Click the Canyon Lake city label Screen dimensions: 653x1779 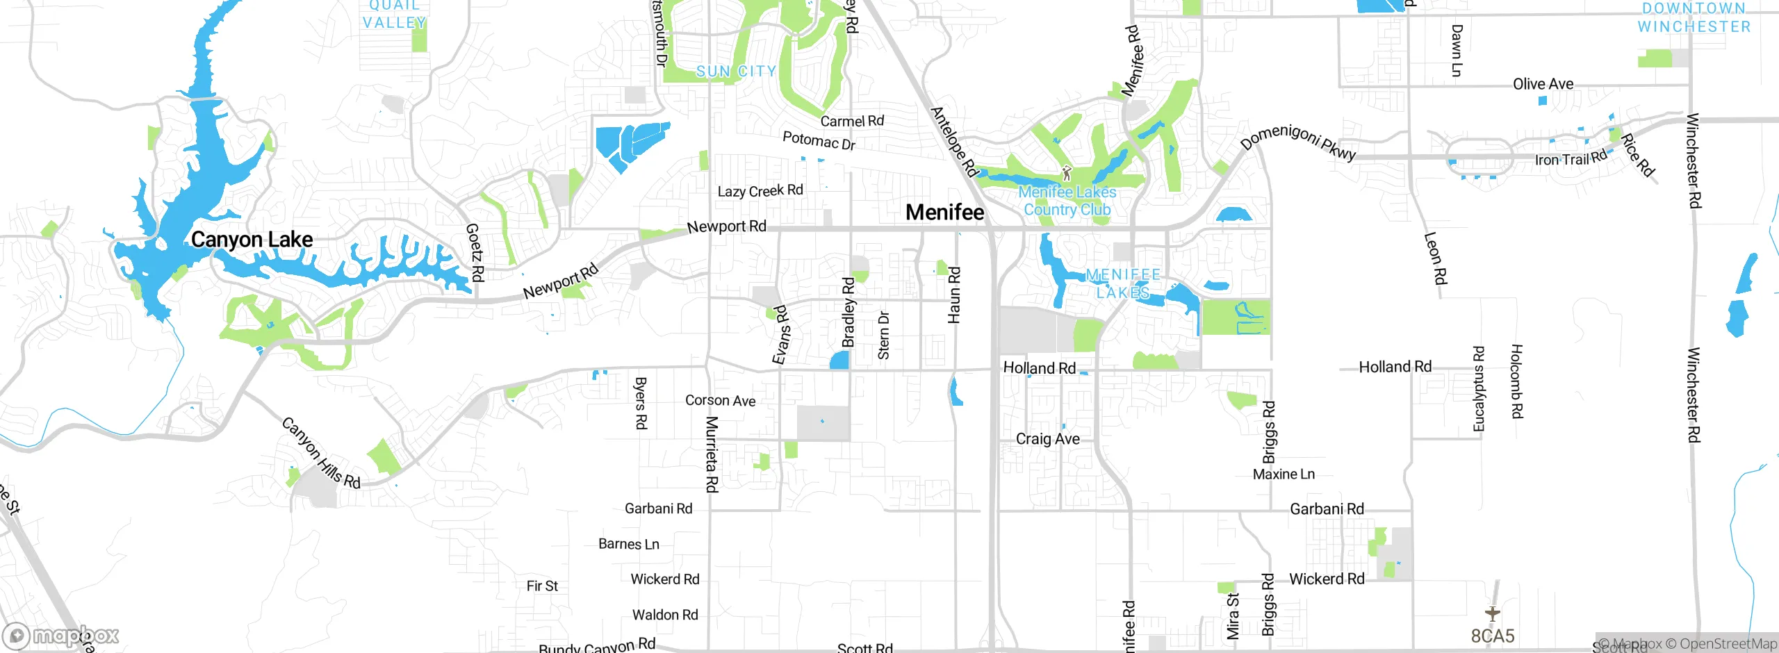point(252,240)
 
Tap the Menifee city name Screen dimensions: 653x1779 point(944,213)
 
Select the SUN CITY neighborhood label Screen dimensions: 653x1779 point(736,72)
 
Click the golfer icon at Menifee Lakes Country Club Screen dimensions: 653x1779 point(1067,173)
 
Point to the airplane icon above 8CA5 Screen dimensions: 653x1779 point(1492,613)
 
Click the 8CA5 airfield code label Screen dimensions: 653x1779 point(1492,636)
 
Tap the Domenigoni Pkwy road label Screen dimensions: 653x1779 point(1298,142)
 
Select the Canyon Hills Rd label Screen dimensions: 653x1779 point(321,453)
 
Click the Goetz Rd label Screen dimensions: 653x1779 point(475,252)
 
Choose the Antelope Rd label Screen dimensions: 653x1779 point(954,142)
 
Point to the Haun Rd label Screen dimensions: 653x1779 point(954,295)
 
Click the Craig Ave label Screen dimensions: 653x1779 point(1047,439)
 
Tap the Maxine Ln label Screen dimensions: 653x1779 point(1284,474)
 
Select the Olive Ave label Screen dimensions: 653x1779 point(1543,84)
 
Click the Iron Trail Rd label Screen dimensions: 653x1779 point(1571,158)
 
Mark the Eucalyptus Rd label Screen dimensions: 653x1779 point(1478,389)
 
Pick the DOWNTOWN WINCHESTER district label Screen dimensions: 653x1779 point(1694,17)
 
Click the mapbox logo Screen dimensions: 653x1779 point(61,636)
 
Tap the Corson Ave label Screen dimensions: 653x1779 point(720,401)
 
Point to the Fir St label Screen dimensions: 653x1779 point(542,586)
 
